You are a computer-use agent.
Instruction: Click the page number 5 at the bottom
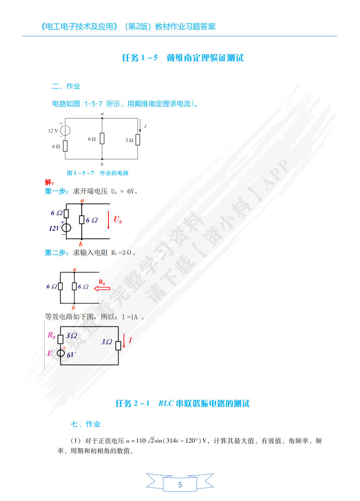point(180,485)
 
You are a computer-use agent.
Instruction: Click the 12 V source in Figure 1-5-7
point(65,130)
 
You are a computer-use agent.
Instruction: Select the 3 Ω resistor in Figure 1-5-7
point(138,140)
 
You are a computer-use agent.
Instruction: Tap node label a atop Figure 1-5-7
point(102,114)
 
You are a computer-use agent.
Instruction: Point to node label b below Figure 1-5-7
point(102,164)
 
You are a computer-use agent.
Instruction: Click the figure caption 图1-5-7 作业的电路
point(97,173)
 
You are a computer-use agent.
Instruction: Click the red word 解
point(49,182)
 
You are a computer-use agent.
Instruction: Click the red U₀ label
point(118,219)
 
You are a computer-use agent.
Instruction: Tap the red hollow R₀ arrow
point(102,288)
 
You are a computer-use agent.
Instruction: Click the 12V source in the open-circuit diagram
point(66,228)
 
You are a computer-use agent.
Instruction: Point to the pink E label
point(50,353)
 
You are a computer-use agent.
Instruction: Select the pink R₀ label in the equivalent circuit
point(51,335)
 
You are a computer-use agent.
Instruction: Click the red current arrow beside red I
point(124,342)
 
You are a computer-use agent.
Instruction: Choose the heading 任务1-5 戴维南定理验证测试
point(183,58)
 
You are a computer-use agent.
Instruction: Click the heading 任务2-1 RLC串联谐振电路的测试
point(183,403)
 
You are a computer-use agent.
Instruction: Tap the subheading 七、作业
point(86,424)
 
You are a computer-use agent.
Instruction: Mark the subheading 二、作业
point(66,86)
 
